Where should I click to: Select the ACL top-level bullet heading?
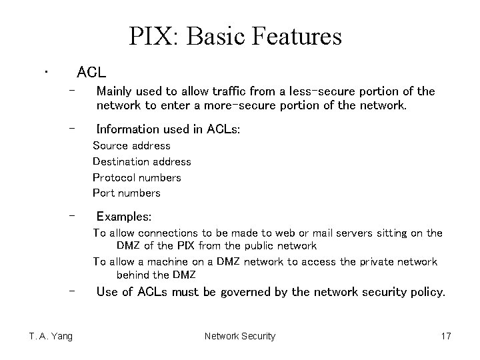point(91,71)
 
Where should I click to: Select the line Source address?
point(131,145)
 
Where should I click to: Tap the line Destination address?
point(141,161)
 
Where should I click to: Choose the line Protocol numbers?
point(137,177)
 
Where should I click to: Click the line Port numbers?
point(127,193)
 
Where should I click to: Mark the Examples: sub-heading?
point(124,217)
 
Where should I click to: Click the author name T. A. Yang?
point(51,336)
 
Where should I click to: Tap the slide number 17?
point(446,336)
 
